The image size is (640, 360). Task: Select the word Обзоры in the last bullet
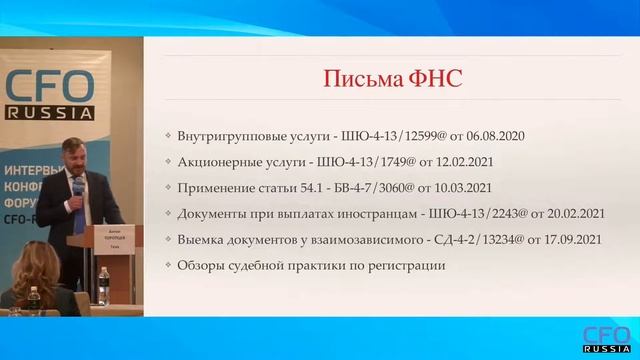(x=201, y=266)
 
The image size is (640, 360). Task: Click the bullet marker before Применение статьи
(x=167, y=188)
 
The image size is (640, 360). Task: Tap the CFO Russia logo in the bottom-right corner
(x=606, y=337)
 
